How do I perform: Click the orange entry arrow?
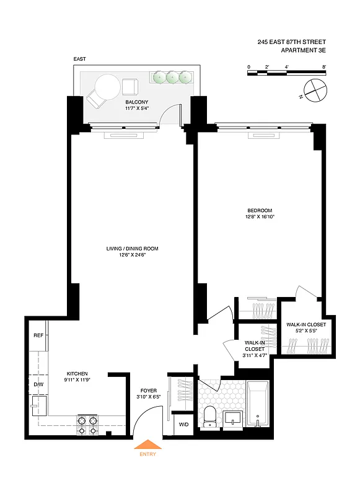(148, 444)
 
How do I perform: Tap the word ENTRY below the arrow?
(148, 454)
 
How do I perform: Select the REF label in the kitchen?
(38, 335)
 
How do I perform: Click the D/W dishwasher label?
(38, 384)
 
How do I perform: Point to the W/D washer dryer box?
(184, 425)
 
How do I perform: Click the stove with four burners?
(87, 425)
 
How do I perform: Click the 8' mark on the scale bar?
(323, 66)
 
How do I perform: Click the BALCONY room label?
(136, 102)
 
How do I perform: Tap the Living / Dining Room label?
(132, 249)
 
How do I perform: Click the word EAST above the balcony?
(79, 59)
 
